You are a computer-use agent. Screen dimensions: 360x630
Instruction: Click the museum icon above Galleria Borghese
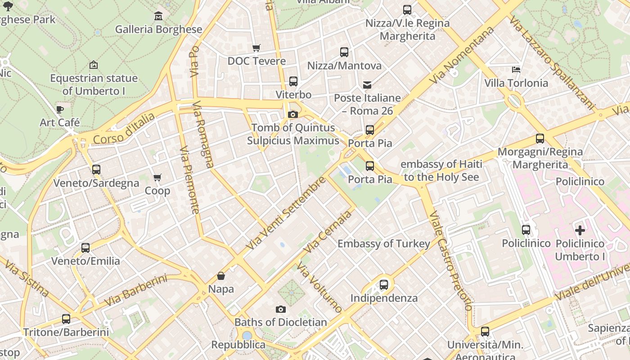[158, 16]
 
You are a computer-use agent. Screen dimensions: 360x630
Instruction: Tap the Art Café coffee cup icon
[59, 109]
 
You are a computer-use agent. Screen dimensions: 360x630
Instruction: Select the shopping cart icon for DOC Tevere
[256, 48]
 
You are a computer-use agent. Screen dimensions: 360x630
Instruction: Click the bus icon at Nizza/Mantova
[344, 52]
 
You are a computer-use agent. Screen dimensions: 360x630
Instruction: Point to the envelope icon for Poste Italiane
[367, 85]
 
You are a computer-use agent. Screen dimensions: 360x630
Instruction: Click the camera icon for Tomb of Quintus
[293, 115]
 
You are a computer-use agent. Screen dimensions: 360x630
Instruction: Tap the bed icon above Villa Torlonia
[516, 70]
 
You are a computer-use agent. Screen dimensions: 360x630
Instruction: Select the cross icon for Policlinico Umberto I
[580, 230]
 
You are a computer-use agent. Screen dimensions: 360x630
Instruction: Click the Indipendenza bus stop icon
[384, 285]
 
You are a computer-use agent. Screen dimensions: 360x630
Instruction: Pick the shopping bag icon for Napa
[221, 276]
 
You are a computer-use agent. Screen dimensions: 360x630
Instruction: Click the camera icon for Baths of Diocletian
[281, 309]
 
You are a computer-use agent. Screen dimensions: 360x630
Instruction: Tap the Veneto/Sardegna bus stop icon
[96, 170]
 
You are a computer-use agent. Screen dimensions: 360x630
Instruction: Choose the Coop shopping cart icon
[157, 178]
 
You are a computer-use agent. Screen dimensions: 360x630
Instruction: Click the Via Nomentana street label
[462, 55]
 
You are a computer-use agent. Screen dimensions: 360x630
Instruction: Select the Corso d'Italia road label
[124, 129]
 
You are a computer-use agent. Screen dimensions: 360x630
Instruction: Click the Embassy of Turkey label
[384, 244]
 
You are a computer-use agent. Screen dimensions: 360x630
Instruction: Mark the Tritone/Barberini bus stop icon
[66, 319]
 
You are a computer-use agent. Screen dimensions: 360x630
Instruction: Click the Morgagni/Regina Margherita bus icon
[540, 139]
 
